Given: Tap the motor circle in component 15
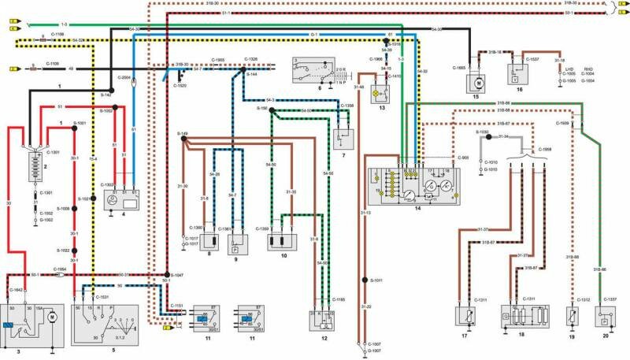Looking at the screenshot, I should pyautogui.click(x=478, y=82).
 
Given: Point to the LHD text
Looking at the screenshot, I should pyautogui.click(x=566, y=69).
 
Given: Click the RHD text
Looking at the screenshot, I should pyautogui.click(x=587, y=69).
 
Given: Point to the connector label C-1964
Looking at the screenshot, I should pyautogui.click(x=64, y=268).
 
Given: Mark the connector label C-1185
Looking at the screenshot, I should pyautogui.click(x=338, y=299).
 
